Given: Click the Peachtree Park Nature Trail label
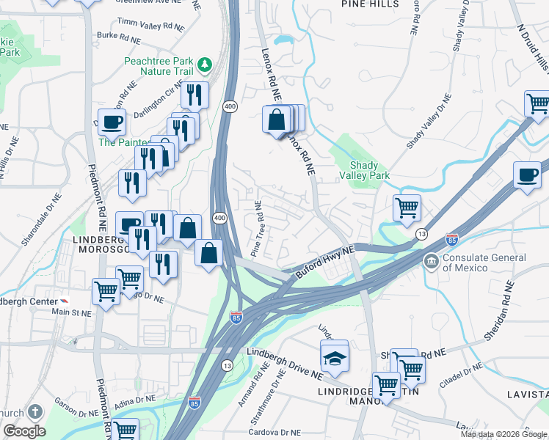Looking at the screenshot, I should pyautogui.click(x=159, y=65).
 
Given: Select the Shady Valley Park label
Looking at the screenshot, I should pyautogui.click(x=364, y=170).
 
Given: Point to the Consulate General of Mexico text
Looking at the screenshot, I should pyautogui.click(x=484, y=263).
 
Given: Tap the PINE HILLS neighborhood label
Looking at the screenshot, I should pyautogui.click(x=371, y=4).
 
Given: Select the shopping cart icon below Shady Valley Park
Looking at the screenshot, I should pyautogui.click(x=407, y=208).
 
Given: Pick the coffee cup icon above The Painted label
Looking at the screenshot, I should pyautogui.click(x=112, y=122).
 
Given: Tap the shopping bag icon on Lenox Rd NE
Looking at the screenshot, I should pyautogui.click(x=277, y=120).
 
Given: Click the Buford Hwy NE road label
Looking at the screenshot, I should pyautogui.click(x=324, y=260).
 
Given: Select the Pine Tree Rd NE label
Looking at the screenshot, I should pyautogui.click(x=258, y=229).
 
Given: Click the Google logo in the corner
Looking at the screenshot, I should pyautogui.click(x=24, y=431).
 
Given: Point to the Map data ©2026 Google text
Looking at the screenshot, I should pyautogui.click(x=503, y=434).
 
